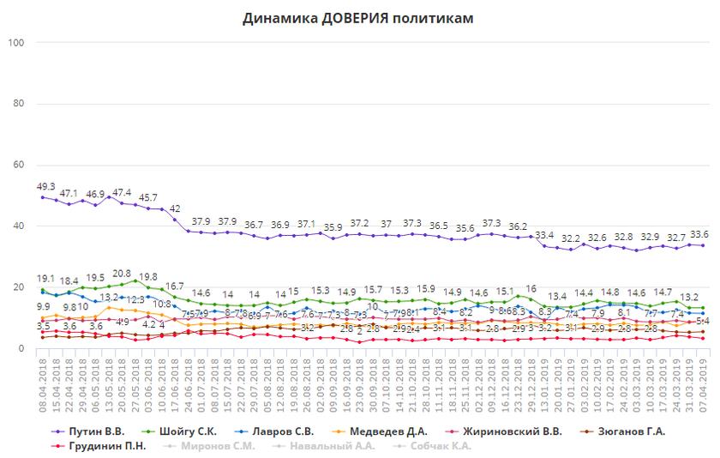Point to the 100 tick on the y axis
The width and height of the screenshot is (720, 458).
click(17, 43)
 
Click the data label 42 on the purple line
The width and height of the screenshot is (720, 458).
click(174, 208)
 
